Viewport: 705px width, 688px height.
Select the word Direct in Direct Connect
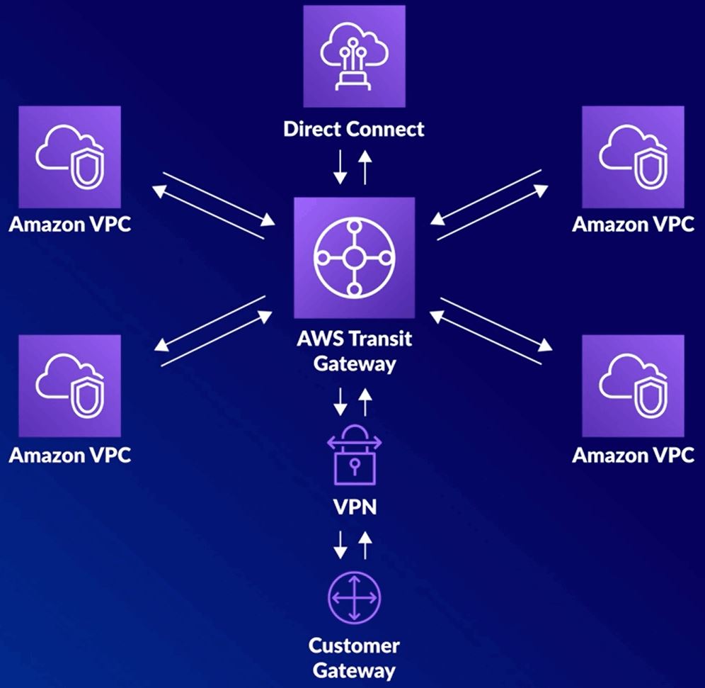312,130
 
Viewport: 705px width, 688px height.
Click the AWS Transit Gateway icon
353,259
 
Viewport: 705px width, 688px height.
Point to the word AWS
315,338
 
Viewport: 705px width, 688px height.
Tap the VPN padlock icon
353,454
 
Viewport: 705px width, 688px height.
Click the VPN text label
353,508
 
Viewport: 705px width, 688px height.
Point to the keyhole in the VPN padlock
353,466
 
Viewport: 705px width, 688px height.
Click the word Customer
353,645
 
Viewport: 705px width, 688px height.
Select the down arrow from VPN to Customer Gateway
341,544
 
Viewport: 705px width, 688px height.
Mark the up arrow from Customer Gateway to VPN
365,544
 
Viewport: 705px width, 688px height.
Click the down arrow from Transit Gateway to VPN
341,402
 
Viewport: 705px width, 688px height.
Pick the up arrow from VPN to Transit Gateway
365,402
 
